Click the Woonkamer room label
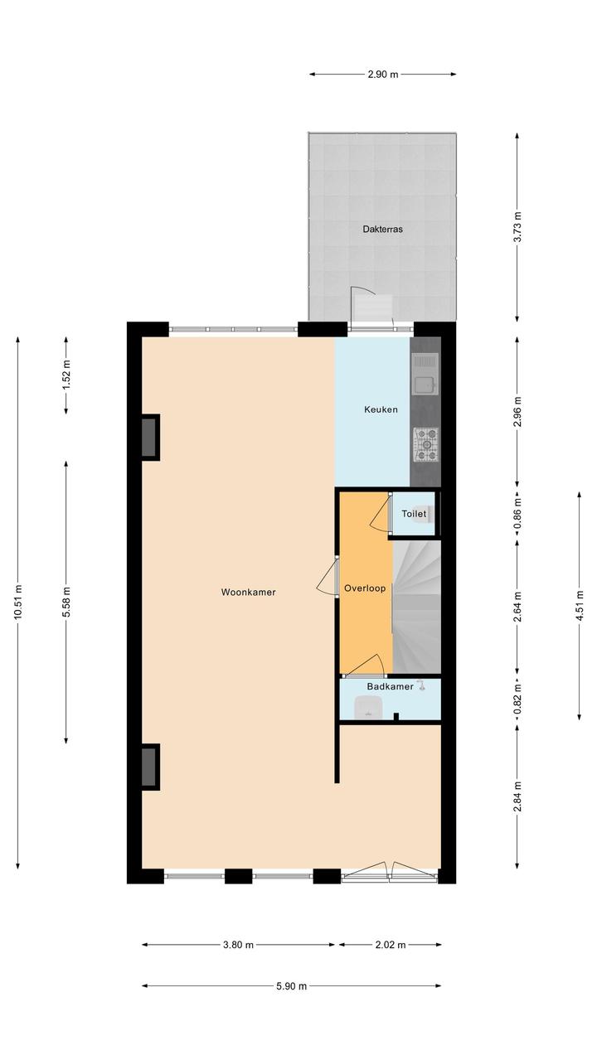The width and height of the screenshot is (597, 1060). [x=248, y=592]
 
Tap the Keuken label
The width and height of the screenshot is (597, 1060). [x=381, y=409]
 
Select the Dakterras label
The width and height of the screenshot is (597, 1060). [x=382, y=229]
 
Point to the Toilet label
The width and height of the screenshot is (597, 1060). [x=414, y=514]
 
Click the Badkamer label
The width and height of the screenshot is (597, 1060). [x=390, y=686]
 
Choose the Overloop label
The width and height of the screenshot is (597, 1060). [x=365, y=588]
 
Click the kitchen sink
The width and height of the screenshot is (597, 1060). [x=425, y=375]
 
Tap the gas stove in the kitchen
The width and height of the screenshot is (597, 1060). [x=425, y=444]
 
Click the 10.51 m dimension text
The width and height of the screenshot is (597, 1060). [x=18, y=602]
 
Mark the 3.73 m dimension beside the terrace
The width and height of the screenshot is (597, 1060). [x=518, y=227]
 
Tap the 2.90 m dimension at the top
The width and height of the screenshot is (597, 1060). [x=383, y=74]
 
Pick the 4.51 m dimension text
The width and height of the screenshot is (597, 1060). [x=580, y=606]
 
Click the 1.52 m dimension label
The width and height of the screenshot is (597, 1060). [x=66, y=375]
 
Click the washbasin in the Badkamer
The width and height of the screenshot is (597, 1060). [x=370, y=708]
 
